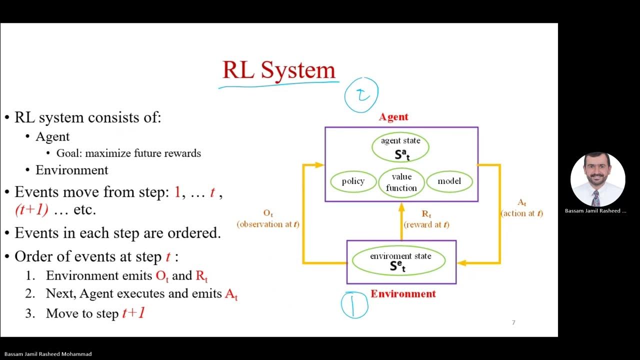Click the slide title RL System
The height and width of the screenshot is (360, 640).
(x=278, y=69)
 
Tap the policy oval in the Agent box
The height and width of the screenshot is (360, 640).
(x=353, y=181)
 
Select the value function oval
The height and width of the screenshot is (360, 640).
(x=401, y=182)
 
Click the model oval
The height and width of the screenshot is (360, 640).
(x=449, y=181)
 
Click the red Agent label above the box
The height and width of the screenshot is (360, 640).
(x=393, y=117)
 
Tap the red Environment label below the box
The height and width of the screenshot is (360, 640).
(x=403, y=294)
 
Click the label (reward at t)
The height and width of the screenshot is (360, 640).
(x=426, y=224)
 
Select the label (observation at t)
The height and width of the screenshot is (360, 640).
(x=268, y=224)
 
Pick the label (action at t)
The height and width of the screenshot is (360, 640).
(x=521, y=213)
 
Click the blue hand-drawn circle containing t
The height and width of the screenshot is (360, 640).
(x=361, y=94)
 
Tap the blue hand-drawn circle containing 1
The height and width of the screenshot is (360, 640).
(x=354, y=305)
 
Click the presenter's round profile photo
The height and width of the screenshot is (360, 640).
(x=597, y=179)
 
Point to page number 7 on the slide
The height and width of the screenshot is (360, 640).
(x=513, y=322)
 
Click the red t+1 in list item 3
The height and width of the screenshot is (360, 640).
(x=133, y=313)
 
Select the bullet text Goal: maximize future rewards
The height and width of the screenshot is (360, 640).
(x=128, y=153)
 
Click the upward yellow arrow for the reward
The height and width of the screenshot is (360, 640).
(x=402, y=220)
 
